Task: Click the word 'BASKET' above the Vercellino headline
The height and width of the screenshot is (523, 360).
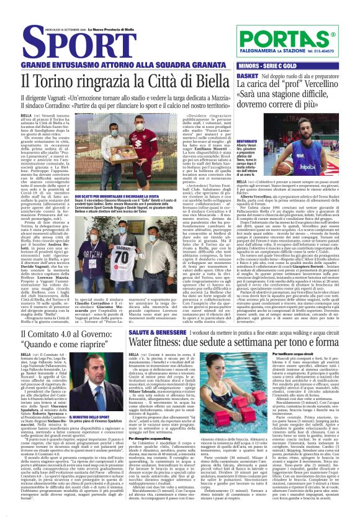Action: [248, 76]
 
